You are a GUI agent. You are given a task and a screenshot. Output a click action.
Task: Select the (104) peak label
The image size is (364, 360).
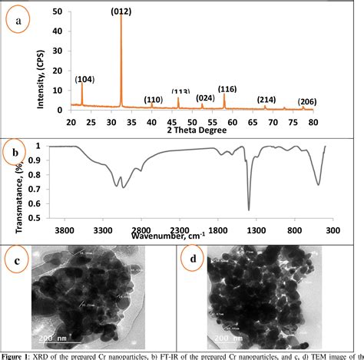[x=84, y=78]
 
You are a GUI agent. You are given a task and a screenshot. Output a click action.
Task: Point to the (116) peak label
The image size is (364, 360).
[x=227, y=89]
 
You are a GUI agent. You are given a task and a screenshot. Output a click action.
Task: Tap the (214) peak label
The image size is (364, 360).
[x=266, y=100]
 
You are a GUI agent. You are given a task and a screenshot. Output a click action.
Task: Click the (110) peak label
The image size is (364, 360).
[x=154, y=100]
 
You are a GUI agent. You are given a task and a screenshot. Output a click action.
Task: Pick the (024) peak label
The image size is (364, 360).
[x=205, y=98]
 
